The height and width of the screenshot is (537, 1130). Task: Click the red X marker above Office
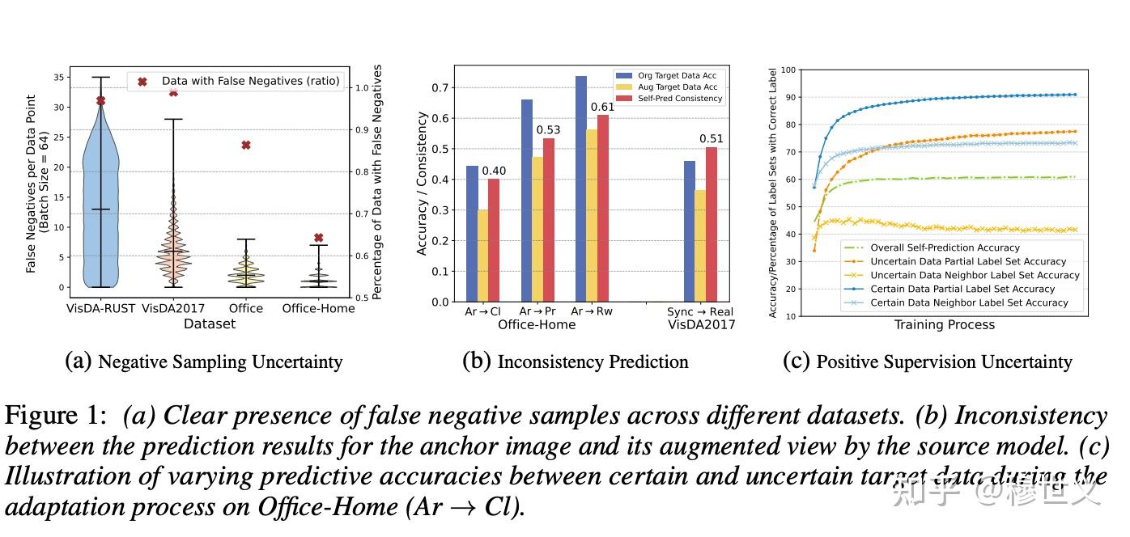click(x=246, y=145)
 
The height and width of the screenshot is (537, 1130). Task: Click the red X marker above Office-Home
click(x=318, y=238)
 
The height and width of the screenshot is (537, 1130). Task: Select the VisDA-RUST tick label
click(x=101, y=308)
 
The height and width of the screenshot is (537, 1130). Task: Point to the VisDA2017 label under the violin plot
click(x=173, y=308)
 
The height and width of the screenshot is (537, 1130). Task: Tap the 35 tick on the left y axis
click(x=57, y=78)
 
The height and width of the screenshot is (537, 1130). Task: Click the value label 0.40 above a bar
click(x=494, y=171)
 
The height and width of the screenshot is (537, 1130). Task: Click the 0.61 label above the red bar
click(x=602, y=107)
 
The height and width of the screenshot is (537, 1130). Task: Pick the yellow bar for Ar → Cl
click(x=483, y=256)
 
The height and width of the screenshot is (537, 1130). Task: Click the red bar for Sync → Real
click(x=712, y=224)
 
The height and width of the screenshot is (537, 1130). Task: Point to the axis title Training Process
click(x=944, y=325)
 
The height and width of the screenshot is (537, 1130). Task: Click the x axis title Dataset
click(x=210, y=323)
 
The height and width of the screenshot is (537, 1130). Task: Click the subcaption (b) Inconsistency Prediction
click(x=575, y=362)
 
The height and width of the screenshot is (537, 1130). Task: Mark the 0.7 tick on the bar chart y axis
click(x=440, y=87)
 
